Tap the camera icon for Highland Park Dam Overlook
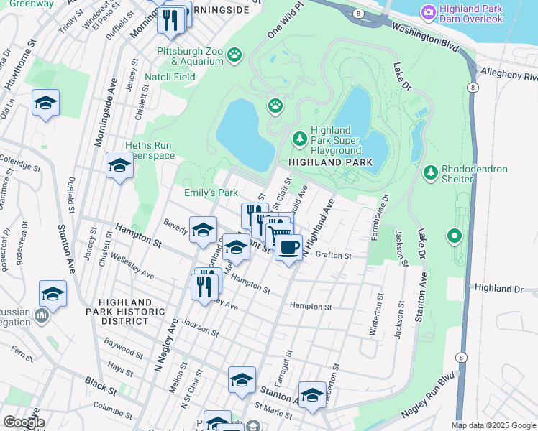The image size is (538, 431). tap(429, 12)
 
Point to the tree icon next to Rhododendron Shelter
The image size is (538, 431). tap(430, 172)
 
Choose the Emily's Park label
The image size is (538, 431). tap(211, 193)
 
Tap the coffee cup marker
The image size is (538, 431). tap(289, 249)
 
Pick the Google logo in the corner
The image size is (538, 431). tap(24, 422)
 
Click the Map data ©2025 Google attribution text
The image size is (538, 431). tap(493, 425)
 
